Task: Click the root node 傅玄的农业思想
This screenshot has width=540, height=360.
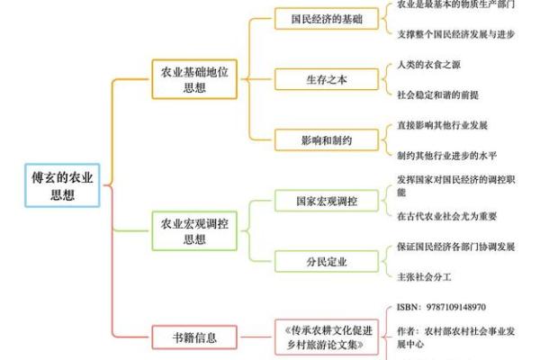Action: [x=60, y=185]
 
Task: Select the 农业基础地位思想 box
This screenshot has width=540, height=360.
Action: [x=194, y=79]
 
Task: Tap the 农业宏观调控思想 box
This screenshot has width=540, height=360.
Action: [x=194, y=230]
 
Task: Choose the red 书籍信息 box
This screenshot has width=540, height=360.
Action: [x=194, y=338]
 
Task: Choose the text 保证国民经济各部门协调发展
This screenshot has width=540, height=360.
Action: [x=455, y=247]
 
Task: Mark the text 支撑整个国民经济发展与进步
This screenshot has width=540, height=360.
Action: [x=455, y=33]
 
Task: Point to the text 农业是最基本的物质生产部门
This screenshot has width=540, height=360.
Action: [x=455, y=4]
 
